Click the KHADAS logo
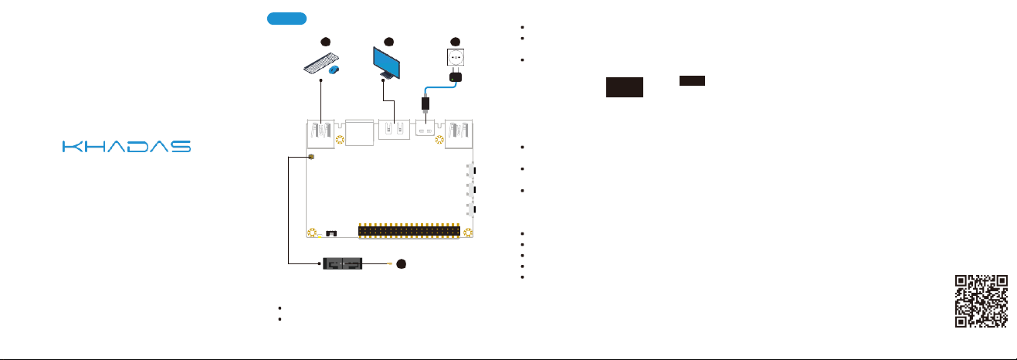[x=126, y=146]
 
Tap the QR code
[x=982, y=301]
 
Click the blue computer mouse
[x=334, y=70]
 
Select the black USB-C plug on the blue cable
[x=425, y=103]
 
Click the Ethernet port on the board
[x=358, y=133]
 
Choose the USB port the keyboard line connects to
[x=319, y=133]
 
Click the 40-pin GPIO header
[x=409, y=231]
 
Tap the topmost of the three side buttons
[x=473, y=169]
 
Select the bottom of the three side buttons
[x=473, y=209]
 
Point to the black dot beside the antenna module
[x=401, y=266]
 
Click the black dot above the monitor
[x=389, y=40]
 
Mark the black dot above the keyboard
[x=325, y=40]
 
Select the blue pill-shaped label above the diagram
[x=286, y=19]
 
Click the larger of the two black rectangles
[x=625, y=87]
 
